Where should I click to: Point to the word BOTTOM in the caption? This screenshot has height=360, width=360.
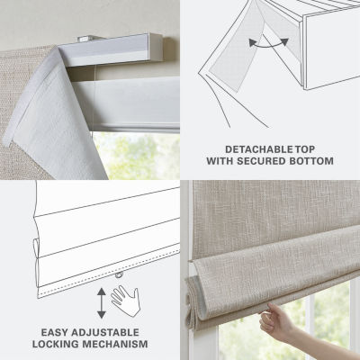coord(311,161)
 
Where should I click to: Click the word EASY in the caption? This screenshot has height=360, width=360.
coord(55,332)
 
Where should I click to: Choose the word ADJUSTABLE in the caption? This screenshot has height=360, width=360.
coord(105,332)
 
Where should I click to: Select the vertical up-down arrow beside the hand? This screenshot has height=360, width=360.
coord(102,302)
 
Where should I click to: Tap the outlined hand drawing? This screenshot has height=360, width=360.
coord(126,301)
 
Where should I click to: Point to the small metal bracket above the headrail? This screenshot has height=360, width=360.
coord(85,39)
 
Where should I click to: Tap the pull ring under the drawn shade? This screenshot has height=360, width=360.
coord(120,274)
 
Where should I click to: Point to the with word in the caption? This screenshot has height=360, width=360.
coord(220,161)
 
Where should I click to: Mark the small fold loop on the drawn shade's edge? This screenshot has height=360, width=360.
coord(35,247)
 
